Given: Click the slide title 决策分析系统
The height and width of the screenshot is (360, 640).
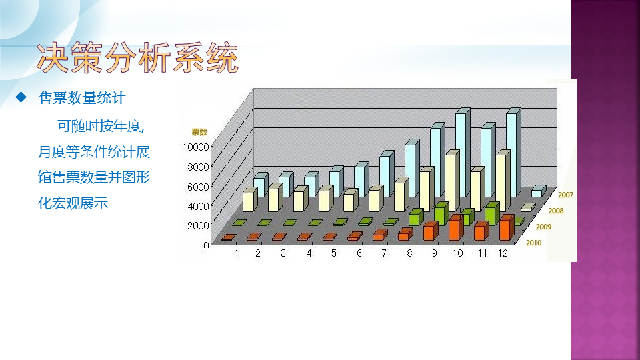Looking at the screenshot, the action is pos(137,58).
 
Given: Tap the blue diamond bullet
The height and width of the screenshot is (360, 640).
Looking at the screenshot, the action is pos(21,97).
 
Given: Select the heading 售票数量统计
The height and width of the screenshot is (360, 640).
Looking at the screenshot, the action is pos(81,98).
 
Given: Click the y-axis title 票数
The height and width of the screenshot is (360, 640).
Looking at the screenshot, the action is pos(199,132).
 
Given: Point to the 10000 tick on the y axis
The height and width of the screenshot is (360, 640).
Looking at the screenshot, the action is pos(195,147).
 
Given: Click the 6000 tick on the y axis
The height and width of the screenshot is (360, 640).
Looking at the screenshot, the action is pos(198,186).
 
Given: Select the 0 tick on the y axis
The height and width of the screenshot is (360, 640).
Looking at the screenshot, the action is pos(206,245).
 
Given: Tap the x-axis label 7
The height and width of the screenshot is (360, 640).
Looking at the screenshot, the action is pos(384,253).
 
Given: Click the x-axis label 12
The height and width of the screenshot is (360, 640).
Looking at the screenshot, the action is pos(503,253).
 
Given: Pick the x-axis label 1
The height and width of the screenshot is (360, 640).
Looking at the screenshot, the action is pos(236,253).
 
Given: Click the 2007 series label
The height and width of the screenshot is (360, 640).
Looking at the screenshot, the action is pos(565,195).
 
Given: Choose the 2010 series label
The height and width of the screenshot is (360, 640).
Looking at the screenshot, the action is pos(533,243).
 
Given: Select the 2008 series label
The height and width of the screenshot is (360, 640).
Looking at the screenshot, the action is pos(555,211).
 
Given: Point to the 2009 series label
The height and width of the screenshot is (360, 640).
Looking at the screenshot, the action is pos(543,227).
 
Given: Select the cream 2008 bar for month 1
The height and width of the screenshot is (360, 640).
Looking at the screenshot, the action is pos(250,199).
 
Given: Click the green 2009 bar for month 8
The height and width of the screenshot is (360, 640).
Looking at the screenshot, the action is pos(416,217).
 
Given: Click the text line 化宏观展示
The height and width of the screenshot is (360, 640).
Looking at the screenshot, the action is pos(73,203).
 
